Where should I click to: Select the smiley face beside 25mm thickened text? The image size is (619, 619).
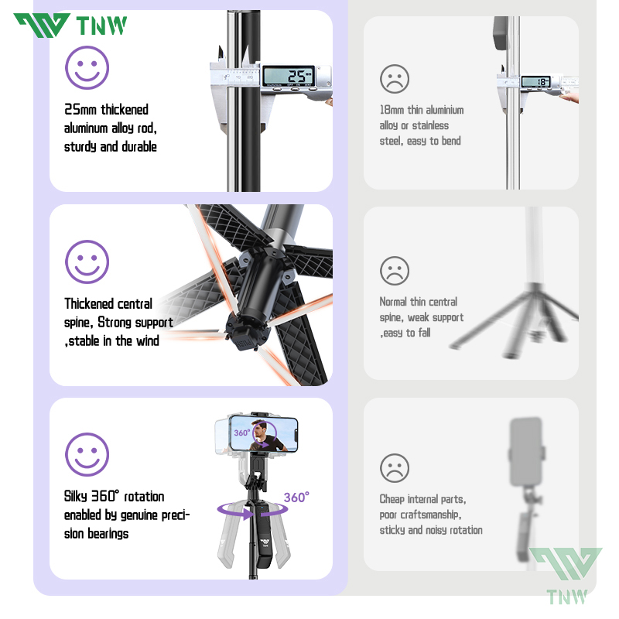tap(87, 67)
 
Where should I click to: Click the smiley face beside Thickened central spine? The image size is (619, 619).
tap(87, 262)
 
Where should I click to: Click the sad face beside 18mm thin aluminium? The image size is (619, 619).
tap(395, 78)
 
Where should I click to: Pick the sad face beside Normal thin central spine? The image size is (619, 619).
tap(395, 270)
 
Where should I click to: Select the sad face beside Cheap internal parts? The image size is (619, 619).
tap(395, 467)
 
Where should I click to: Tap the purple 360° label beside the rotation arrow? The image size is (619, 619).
tap(296, 498)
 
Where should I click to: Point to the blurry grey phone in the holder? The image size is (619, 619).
tap(526, 450)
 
